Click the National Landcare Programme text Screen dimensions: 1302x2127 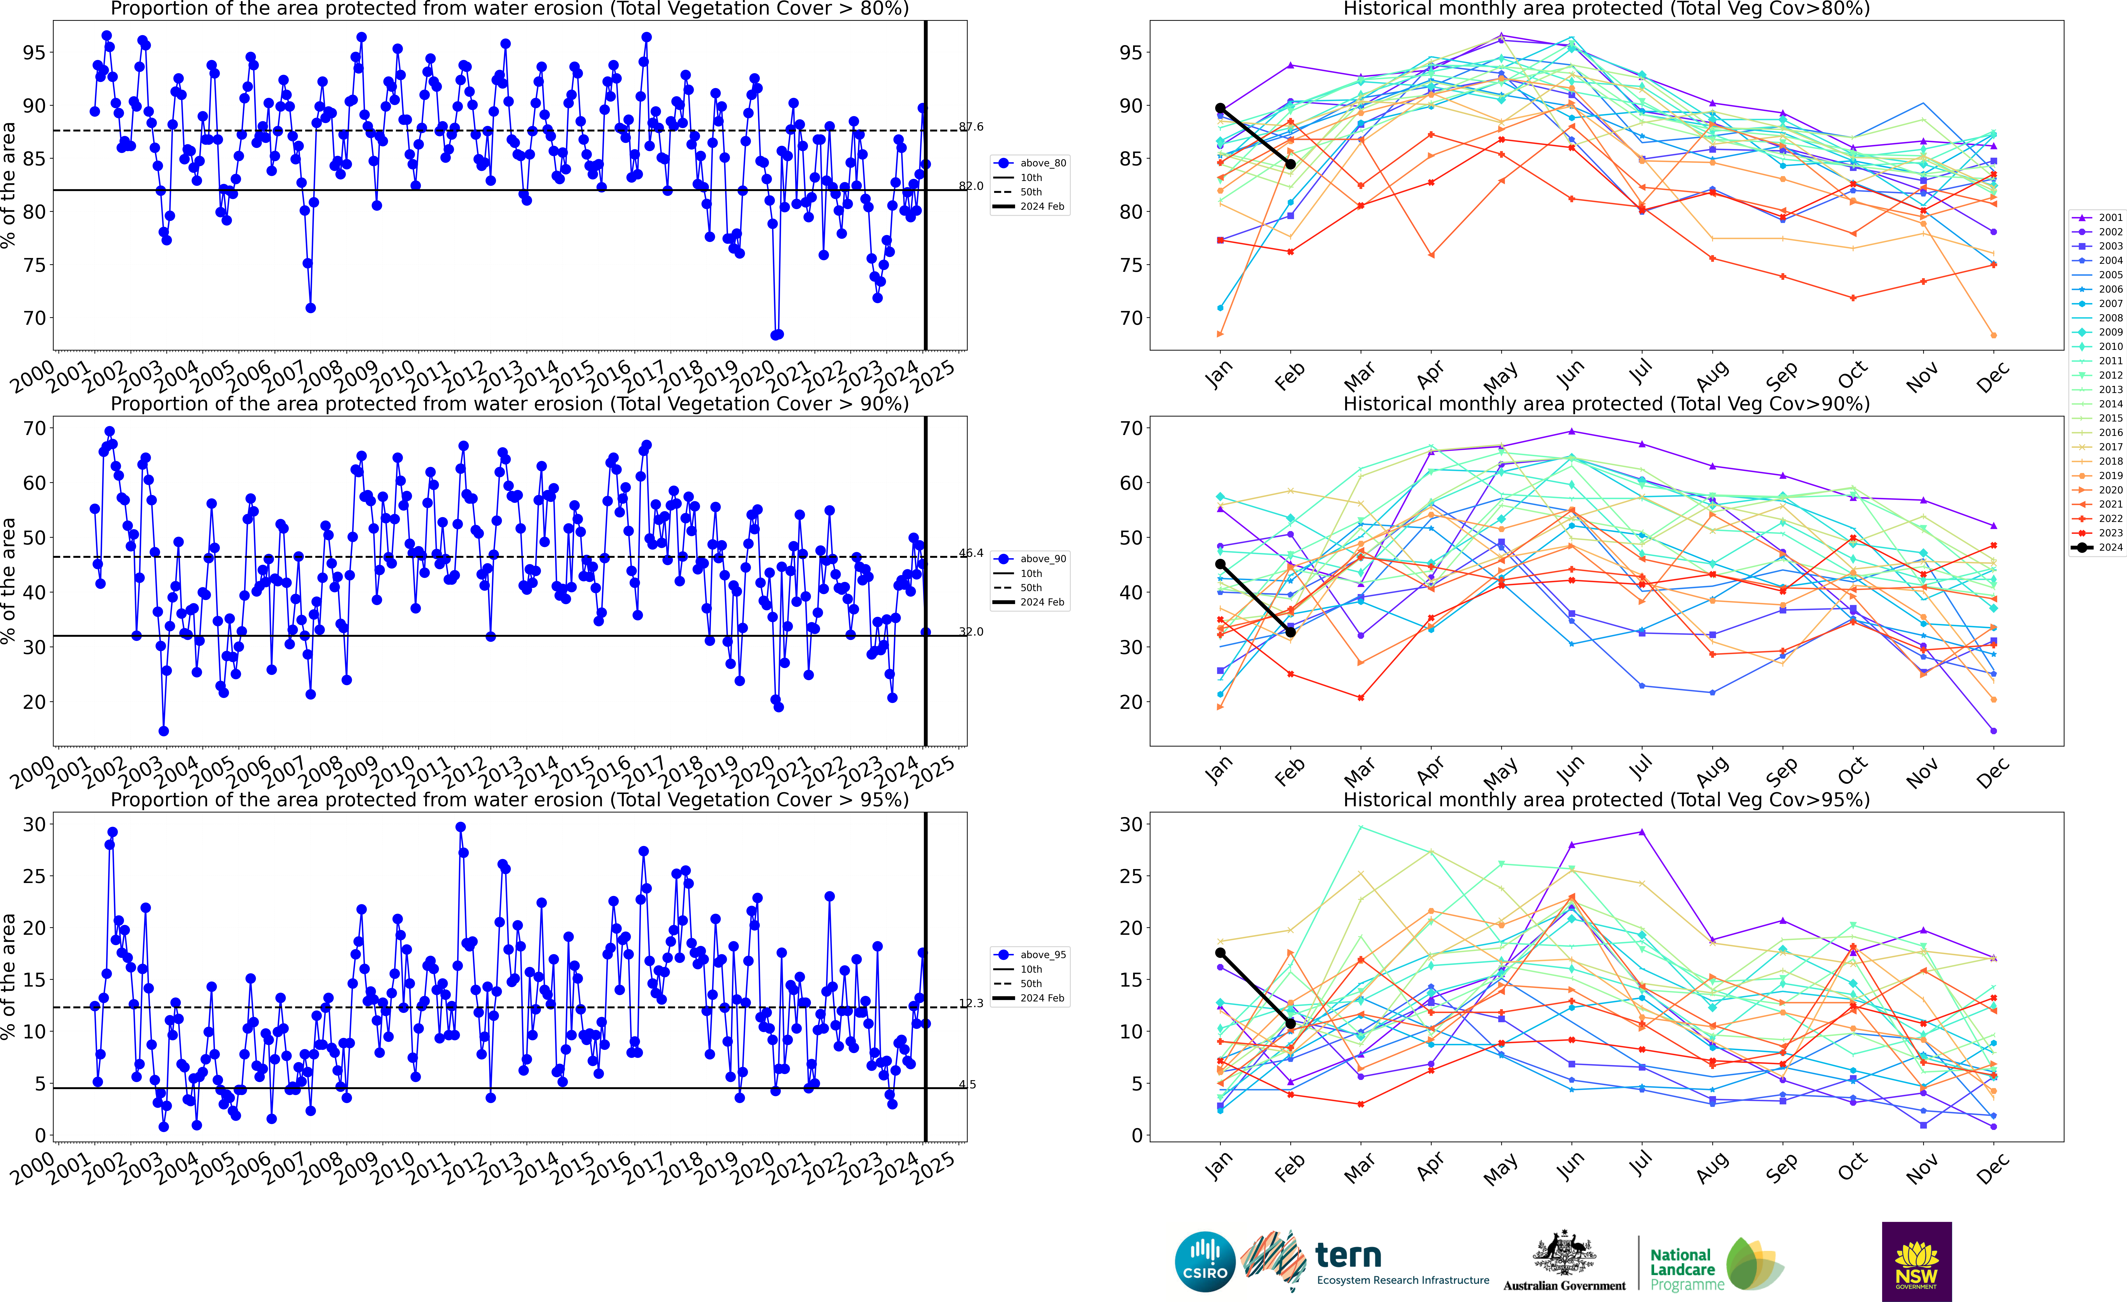tap(1681, 1269)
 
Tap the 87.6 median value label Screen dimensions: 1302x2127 tap(971, 127)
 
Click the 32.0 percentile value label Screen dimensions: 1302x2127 tap(971, 632)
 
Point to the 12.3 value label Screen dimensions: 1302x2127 tap(971, 1003)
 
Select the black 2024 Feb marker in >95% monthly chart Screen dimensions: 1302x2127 tap(1291, 1024)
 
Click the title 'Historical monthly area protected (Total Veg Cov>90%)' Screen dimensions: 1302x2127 tap(1606, 404)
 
